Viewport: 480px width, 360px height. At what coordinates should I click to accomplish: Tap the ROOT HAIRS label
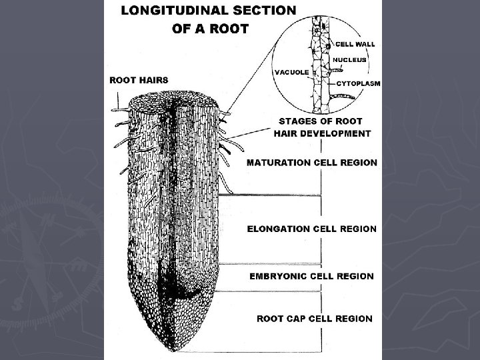(139, 80)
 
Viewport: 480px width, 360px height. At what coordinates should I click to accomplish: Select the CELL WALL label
(355, 44)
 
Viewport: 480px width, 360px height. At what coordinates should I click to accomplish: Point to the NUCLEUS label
(350, 59)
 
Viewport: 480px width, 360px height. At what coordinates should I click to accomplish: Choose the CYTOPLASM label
(358, 83)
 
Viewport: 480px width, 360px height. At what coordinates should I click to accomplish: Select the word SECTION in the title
(264, 11)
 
